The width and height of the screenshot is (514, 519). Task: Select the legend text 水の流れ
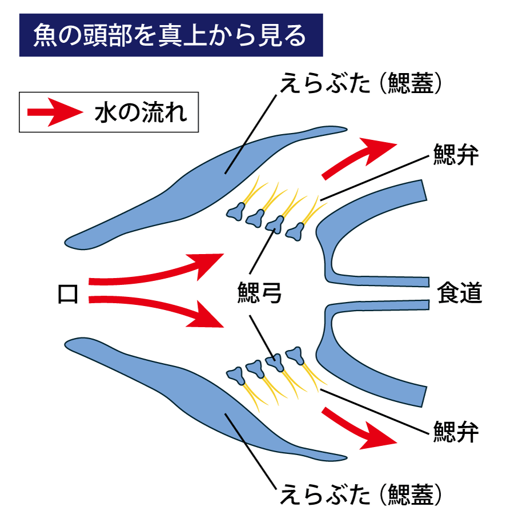click(140, 112)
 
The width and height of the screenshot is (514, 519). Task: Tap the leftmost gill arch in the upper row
click(235, 212)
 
